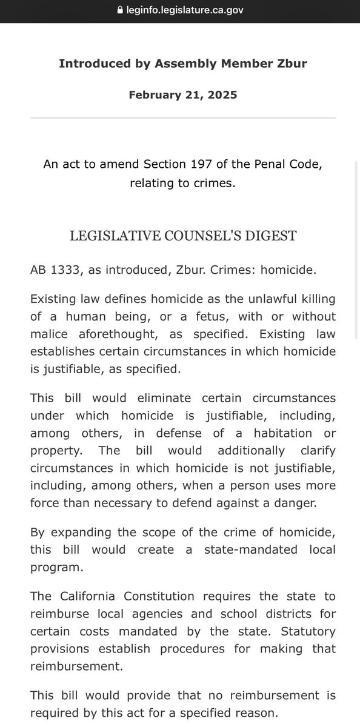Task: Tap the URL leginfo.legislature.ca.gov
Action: click(184, 10)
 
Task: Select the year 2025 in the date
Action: click(221, 95)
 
